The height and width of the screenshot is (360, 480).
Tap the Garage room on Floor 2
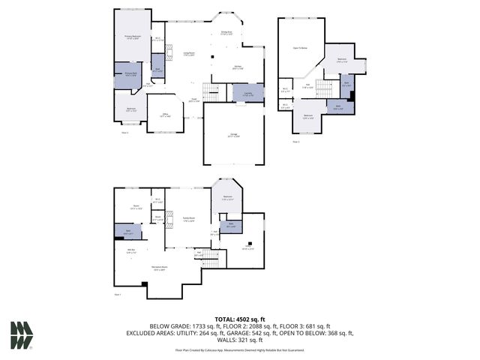tap(233, 136)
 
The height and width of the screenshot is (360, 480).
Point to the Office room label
tap(165, 115)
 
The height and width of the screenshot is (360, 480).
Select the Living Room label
tap(190, 53)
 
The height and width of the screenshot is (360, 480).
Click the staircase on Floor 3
tap(322, 89)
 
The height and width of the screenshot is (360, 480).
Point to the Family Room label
tap(189, 220)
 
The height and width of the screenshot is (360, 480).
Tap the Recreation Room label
tap(157, 267)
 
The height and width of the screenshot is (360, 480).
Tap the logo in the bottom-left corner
tap(22, 334)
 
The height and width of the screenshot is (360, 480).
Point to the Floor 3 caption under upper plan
tap(296, 141)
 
